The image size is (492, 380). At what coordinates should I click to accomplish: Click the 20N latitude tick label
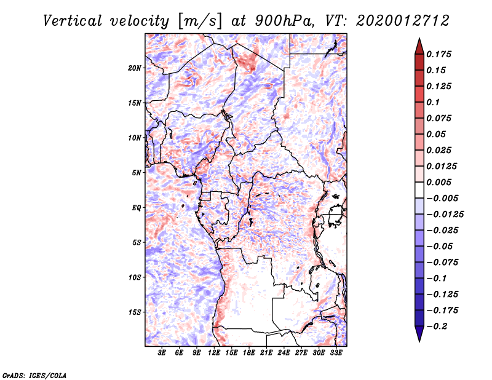tap(134, 68)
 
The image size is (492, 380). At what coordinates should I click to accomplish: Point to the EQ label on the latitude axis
tap(136, 208)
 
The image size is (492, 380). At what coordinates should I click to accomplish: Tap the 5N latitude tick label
tap(137, 173)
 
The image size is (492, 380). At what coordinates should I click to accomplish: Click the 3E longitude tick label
tap(162, 352)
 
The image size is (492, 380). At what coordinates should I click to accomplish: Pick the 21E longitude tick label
tap(266, 352)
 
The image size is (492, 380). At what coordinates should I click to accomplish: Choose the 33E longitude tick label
tap(336, 352)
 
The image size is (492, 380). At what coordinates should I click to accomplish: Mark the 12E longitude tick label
tap(214, 352)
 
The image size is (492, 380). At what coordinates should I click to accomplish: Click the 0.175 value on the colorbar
tap(438, 54)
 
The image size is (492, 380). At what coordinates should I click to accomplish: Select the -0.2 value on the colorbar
tap(437, 327)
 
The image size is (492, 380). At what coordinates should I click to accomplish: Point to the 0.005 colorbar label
tap(438, 182)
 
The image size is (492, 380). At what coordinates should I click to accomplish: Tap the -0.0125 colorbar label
tap(445, 215)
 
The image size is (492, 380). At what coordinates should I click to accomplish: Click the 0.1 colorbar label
tap(433, 102)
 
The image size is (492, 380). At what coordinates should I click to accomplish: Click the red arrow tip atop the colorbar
tap(419, 39)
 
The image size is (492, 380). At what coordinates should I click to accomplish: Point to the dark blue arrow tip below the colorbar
tap(419, 341)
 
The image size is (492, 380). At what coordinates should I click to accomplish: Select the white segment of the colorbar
tap(419, 190)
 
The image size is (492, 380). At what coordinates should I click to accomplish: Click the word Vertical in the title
tap(73, 21)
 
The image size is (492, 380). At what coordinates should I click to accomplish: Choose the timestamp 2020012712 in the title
tap(403, 21)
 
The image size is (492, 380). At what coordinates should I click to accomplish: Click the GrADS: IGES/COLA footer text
tap(34, 375)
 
